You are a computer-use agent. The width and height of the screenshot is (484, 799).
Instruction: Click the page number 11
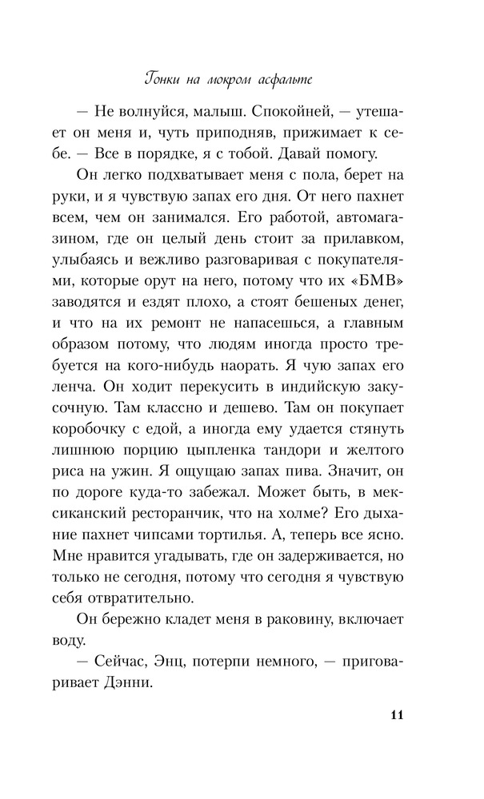pos(397,714)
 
